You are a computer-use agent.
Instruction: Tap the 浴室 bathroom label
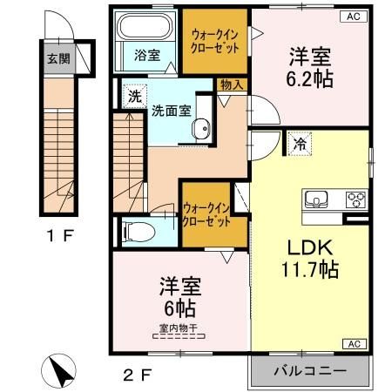pos(146,55)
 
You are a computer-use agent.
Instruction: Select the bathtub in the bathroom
pos(146,28)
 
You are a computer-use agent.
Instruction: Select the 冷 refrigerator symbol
pos(300,142)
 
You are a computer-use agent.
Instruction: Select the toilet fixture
pos(136,232)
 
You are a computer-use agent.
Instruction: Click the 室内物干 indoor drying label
pos(178,328)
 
